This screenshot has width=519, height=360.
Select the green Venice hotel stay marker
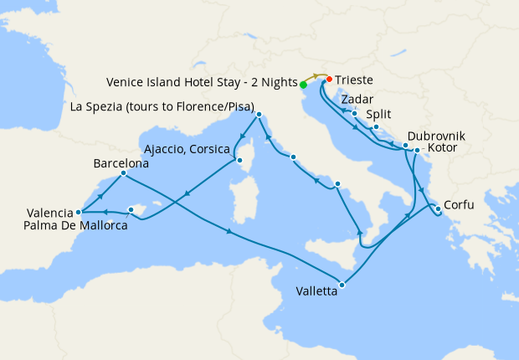coord(303,85)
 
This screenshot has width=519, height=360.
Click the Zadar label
coord(357,99)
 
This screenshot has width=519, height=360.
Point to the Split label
coord(380,115)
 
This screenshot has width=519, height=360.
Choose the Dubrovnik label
coord(436,136)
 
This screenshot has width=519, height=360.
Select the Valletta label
coord(317,291)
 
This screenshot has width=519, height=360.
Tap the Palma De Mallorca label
coord(76,224)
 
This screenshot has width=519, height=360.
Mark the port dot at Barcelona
coord(123,174)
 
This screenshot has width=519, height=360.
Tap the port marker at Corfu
coord(437,208)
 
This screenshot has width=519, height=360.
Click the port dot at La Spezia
coord(259,115)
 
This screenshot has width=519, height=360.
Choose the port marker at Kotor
coord(417,151)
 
